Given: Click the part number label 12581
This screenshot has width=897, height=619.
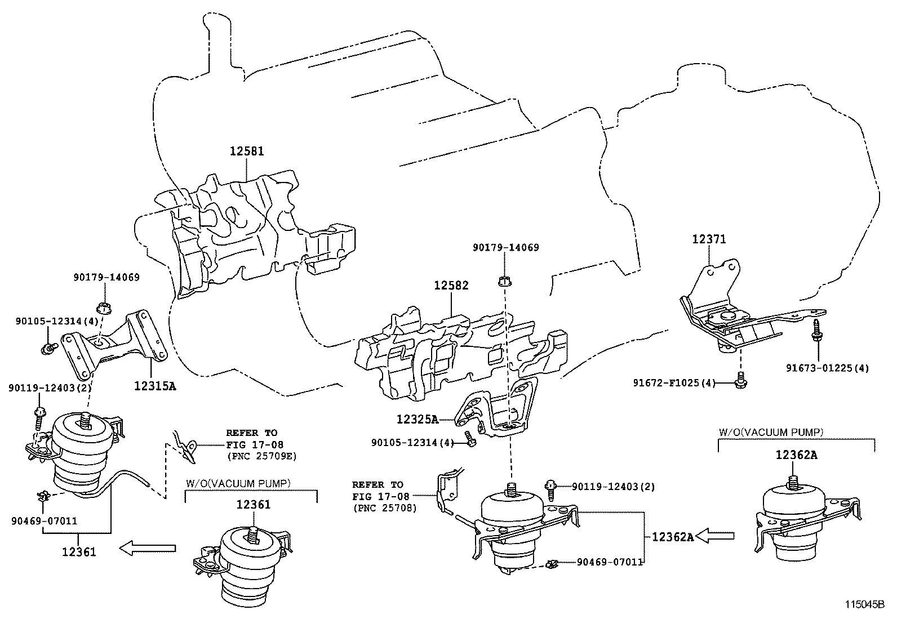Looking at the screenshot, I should [246, 151].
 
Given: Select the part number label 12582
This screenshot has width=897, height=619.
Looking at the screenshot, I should [451, 286].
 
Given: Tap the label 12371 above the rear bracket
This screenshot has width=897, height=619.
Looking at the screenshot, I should [709, 239].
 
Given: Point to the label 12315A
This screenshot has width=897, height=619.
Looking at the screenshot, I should [155, 386].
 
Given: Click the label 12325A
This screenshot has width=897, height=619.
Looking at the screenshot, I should [417, 419].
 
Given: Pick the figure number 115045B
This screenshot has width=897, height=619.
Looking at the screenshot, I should [864, 605].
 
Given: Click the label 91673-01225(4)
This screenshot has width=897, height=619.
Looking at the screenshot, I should [828, 368].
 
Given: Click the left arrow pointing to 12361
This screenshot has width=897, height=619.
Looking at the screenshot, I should [148, 547].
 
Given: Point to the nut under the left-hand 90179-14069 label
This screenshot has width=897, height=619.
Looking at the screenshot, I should [103, 308].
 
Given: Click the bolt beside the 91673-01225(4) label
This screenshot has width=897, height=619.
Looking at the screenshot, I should [815, 330].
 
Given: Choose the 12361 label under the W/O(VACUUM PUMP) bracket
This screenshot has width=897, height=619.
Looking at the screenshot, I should [253, 505].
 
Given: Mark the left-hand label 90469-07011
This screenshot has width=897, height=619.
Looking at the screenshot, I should [43, 521].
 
